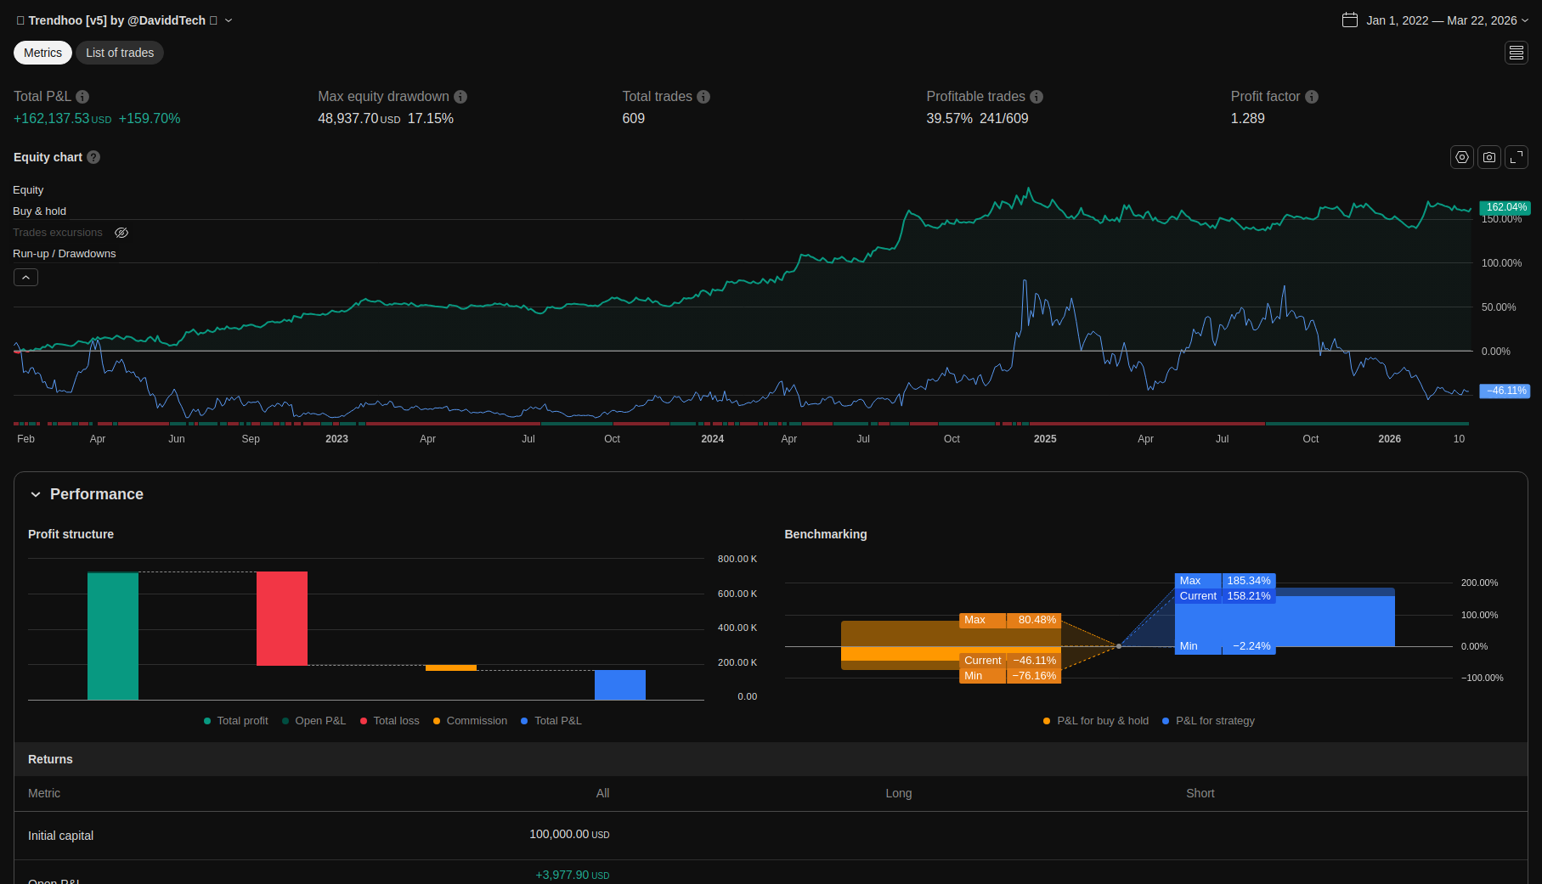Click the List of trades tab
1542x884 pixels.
(120, 53)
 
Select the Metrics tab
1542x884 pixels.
(42, 53)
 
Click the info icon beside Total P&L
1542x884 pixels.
(82, 97)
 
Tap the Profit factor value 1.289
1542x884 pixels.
(1247, 119)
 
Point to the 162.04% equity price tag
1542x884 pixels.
(1505, 207)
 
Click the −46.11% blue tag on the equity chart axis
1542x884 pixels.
(1505, 391)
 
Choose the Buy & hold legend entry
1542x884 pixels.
(39, 211)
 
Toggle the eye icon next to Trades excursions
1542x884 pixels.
(121, 233)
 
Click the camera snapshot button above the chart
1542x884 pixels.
(1489, 157)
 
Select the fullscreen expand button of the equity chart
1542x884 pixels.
(1517, 157)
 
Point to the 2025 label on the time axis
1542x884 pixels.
(1045, 439)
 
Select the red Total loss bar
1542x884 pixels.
(282, 618)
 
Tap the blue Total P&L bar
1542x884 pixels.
(620, 684)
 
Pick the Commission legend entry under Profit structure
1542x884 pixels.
(477, 721)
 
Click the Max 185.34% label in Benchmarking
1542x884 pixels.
(1225, 581)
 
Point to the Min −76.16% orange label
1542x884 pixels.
(1010, 676)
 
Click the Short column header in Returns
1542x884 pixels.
(1200, 793)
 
